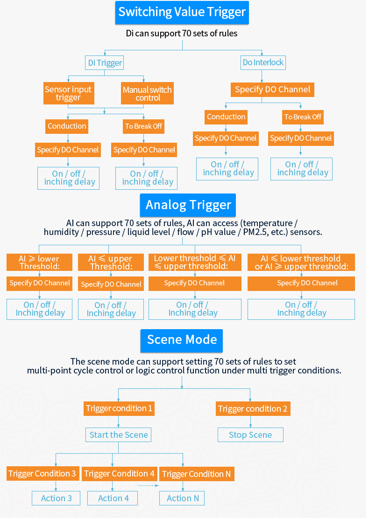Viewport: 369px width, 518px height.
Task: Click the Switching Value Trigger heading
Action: pyautogui.click(x=182, y=13)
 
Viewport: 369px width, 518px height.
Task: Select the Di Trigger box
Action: pyautogui.click(x=105, y=63)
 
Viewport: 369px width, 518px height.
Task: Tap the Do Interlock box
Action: pyautogui.click(x=263, y=62)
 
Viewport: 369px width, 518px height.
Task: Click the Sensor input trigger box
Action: pyautogui.click(x=68, y=94)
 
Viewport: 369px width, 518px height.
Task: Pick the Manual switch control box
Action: pyautogui.click(x=147, y=94)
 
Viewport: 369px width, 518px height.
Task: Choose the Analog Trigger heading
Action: pyautogui.click(x=188, y=205)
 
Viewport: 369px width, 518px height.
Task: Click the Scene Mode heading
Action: pyautogui.click(x=182, y=340)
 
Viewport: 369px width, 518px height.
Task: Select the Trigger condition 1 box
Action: pyautogui.click(x=119, y=409)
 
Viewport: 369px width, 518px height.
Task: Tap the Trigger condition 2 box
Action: pyautogui.click(x=253, y=409)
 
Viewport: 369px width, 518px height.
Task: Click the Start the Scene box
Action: pyautogui.click(x=119, y=435)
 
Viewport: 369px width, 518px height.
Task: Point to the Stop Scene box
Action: pyautogui.click(x=250, y=435)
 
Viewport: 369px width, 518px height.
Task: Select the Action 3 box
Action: pyautogui.click(x=56, y=498)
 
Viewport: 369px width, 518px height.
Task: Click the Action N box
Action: pyautogui.click(x=183, y=498)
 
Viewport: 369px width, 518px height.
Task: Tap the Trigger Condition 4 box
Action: pyautogui.click(x=119, y=474)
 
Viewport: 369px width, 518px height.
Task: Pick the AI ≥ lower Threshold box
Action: pyautogui.click(x=39, y=262)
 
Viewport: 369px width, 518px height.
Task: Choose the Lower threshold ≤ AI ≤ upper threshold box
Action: pyautogui.click(x=194, y=262)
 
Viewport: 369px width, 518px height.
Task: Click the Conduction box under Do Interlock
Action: pyautogui.click(x=226, y=117)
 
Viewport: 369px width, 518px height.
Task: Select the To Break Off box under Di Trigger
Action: pyautogui.click(x=144, y=126)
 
